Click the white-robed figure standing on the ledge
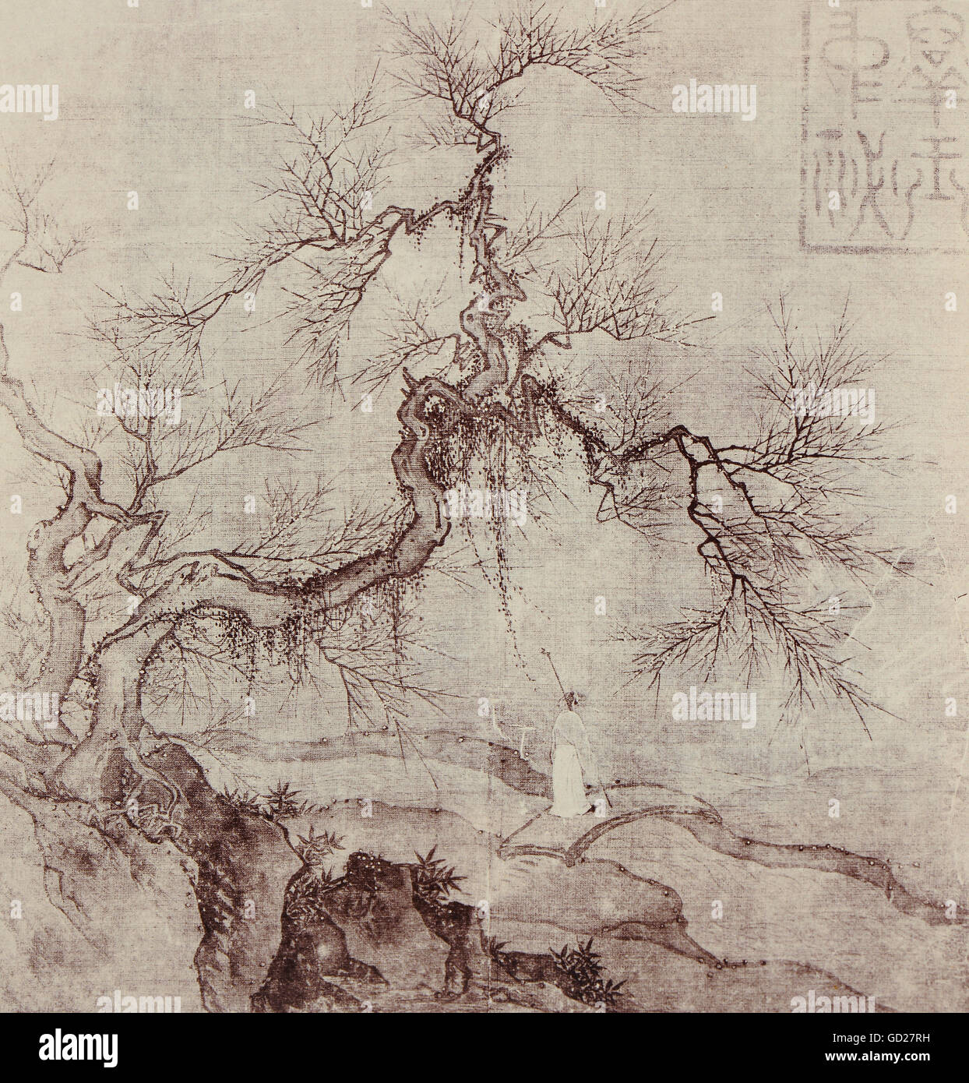568,771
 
